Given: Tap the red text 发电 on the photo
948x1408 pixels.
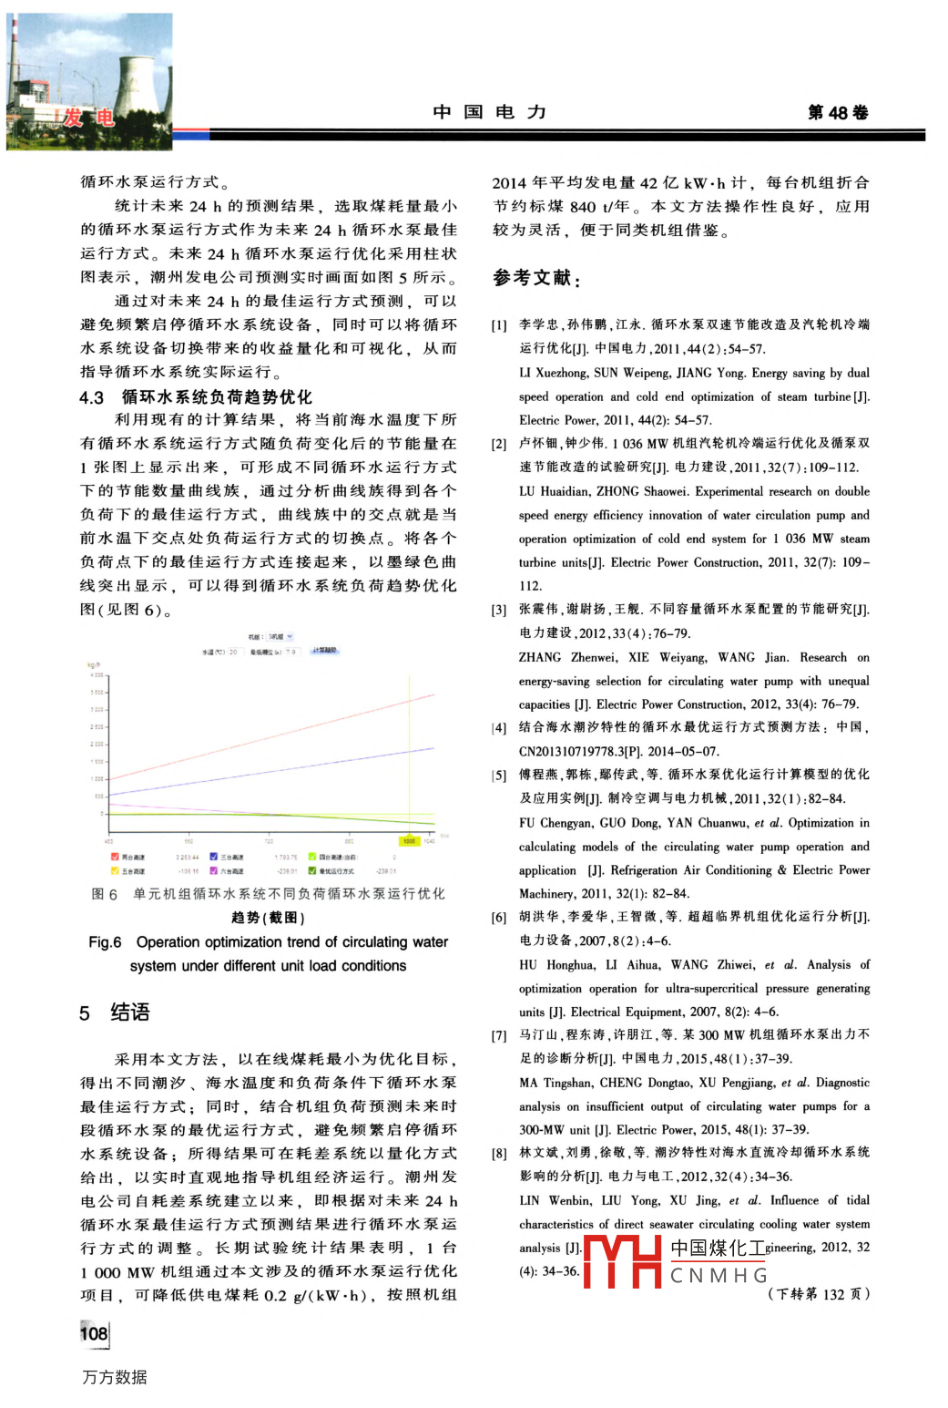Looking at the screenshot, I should click(88, 118).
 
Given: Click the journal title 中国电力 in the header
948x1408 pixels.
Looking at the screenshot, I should click(490, 112).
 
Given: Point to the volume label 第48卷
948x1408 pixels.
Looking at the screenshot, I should click(838, 112).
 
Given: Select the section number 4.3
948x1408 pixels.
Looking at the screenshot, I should click(92, 397).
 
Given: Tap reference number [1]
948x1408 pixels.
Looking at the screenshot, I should click(499, 324).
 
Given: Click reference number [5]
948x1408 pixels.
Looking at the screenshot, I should click(499, 776).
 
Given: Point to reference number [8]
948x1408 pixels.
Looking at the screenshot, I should click(499, 1154).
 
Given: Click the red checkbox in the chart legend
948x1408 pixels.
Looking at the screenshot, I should click(115, 857).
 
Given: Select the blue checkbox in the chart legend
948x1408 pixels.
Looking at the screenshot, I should click(214, 857).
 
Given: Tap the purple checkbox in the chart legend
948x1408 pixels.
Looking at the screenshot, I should click(214, 871).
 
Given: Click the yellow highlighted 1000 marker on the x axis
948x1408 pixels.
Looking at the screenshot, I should click(410, 841).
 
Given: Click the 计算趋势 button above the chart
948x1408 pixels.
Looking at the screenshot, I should click(325, 651).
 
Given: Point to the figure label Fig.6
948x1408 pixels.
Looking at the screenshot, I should click(105, 942).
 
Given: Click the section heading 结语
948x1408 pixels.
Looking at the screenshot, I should click(130, 1012).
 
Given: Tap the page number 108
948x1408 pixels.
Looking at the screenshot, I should click(94, 1333).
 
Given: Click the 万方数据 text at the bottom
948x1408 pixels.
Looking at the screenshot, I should click(115, 1377).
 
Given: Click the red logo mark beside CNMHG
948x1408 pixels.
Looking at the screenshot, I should click(622, 1261).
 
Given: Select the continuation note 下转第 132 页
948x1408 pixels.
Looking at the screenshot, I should click(819, 1294).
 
